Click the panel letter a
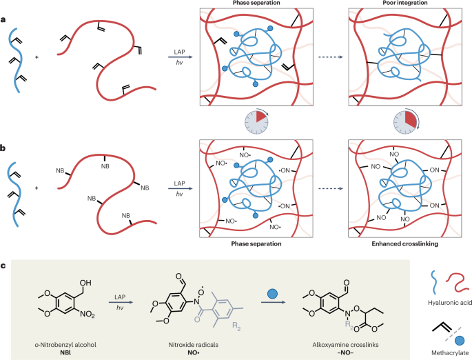point(5,20)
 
